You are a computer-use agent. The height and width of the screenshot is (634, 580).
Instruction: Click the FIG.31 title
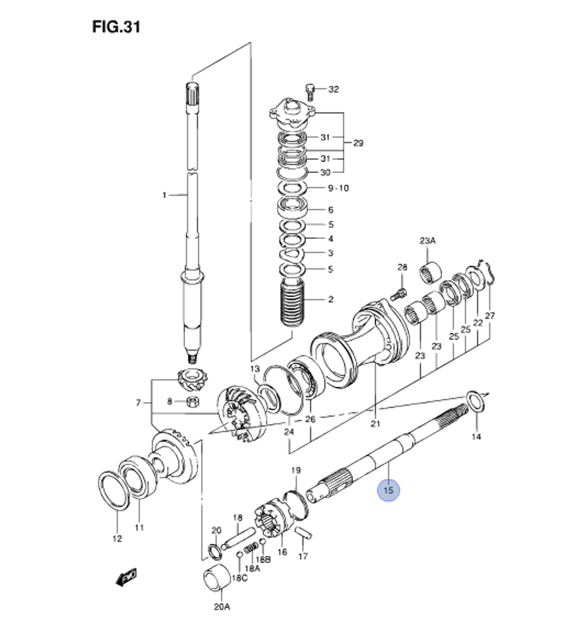click(x=116, y=27)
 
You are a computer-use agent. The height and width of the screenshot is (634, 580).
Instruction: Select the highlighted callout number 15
click(x=389, y=491)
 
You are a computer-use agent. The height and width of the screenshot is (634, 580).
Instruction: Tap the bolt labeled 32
click(x=310, y=90)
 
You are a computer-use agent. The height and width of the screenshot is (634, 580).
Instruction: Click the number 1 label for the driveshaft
click(x=164, y=195)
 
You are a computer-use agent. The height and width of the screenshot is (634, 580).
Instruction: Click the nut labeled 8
click(x=194, y=401)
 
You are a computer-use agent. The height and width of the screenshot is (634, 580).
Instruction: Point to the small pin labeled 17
click(x=304, y=532)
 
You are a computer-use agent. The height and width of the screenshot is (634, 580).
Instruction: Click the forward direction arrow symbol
click(x=125, y=577)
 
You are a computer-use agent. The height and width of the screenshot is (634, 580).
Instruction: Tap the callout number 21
click(x=375, y=425)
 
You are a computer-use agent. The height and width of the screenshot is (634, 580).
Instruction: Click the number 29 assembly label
click(x=358, y=143)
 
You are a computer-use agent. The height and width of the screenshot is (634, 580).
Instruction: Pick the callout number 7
click(x=139, y=403)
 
